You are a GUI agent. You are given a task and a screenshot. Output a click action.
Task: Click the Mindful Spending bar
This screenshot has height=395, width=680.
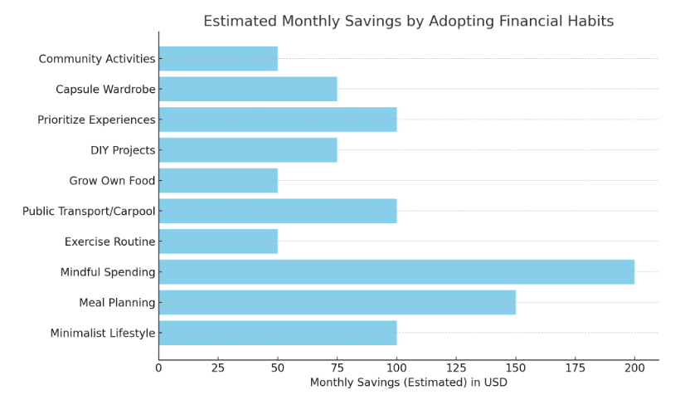coord(396,272)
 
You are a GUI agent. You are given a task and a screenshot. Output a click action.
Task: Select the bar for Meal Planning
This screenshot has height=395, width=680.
coord(337,302)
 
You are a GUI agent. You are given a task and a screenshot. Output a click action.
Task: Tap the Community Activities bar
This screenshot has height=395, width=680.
coord(218,59)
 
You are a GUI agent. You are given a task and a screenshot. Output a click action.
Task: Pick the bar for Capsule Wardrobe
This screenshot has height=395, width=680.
coord(248,89)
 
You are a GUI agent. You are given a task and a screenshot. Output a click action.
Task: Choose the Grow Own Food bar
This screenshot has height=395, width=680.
coord(218,181)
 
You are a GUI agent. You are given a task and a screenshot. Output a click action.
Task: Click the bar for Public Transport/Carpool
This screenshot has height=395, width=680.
coord(278,211)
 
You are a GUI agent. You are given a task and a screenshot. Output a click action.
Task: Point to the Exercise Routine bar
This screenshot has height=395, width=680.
coord(218,241)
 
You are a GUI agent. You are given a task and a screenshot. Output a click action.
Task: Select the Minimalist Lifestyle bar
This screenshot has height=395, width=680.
coord(278,333)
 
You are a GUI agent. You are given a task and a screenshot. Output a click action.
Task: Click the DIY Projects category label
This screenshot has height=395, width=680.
coord(123,150)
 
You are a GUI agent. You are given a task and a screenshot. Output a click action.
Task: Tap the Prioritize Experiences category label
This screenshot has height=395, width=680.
coord(96,120)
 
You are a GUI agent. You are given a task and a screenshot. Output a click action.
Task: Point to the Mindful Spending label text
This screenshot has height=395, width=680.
coord(108,272)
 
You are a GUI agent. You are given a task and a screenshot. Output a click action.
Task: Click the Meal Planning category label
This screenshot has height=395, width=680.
coord(117,303)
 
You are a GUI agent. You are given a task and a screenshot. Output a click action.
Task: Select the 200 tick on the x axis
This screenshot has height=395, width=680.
coord(634,367)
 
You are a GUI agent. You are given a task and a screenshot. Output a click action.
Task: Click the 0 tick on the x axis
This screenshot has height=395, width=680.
coord(159,367)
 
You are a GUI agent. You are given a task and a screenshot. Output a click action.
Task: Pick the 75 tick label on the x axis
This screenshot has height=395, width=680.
coord(338,367)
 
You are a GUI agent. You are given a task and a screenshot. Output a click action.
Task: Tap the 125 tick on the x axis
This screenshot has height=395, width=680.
coord(456,367)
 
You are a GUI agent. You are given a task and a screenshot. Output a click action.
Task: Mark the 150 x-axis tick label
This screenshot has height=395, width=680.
coord(516,367)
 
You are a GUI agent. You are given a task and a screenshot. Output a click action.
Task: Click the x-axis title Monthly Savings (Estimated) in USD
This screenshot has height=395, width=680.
coord(408,383)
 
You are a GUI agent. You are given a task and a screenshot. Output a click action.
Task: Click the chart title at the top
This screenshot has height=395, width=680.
coord(408,22)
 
